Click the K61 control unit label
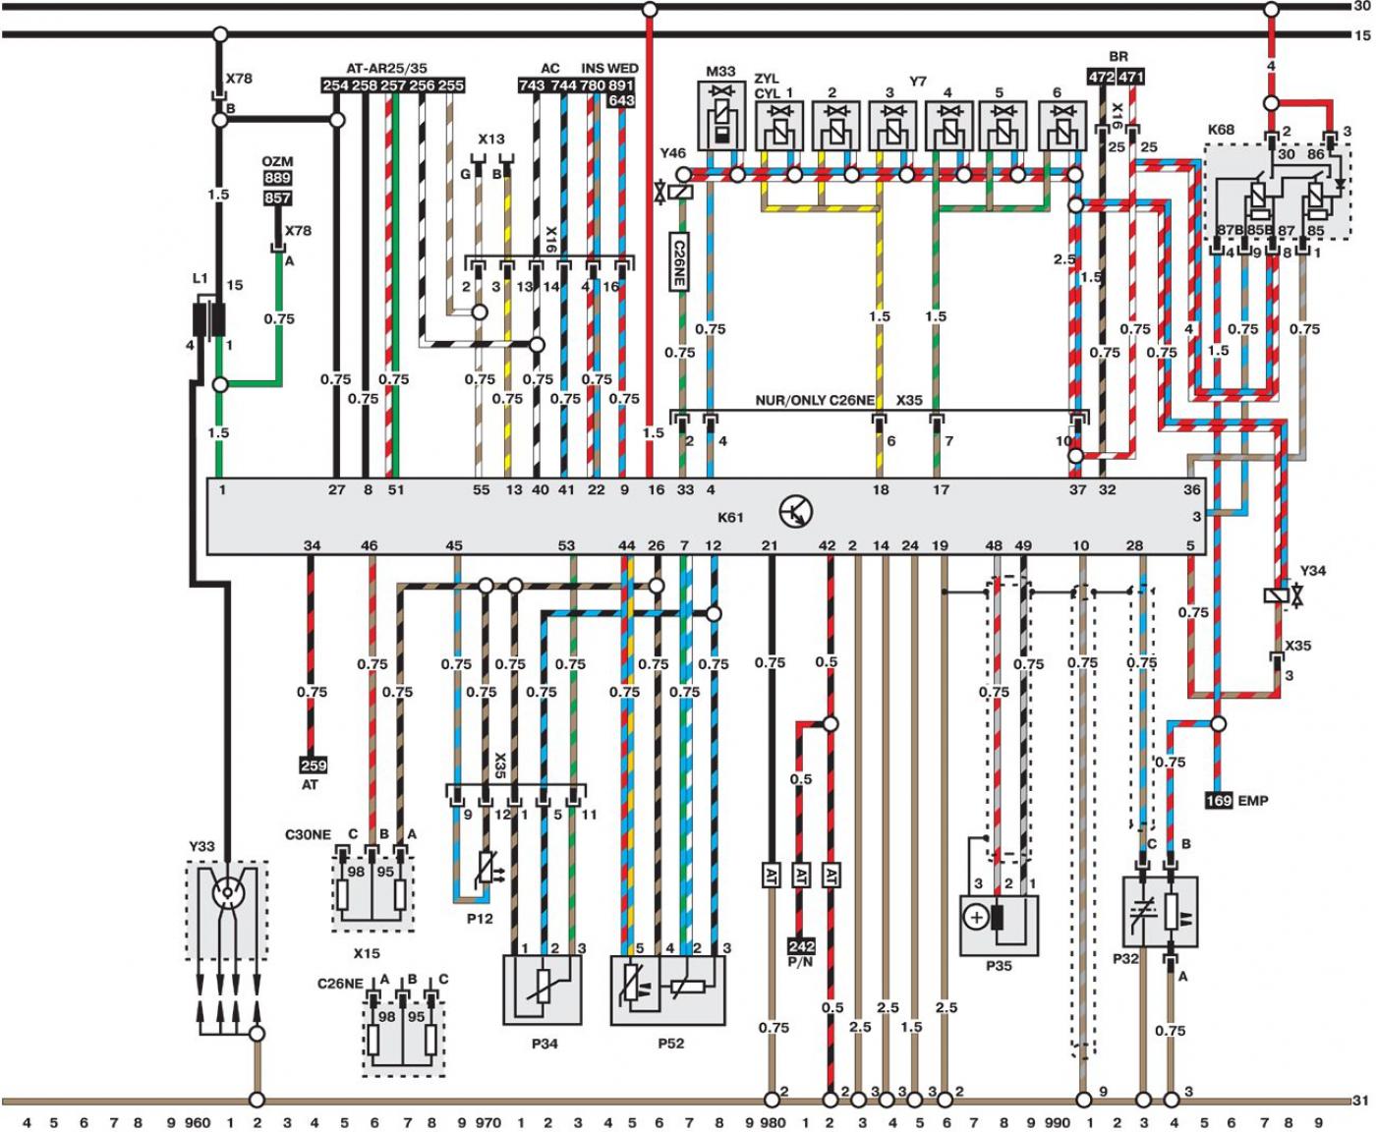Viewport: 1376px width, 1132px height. pyautogui.click(x=730, y=518)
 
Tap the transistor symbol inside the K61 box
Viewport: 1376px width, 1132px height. pyautogui.click(x=796, y=511)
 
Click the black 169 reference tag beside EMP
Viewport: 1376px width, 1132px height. pyautogui.click(x=1219, y=800)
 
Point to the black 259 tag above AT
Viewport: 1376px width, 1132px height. pyautogui.click(x=314, y=765)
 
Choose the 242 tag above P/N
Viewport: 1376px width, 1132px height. pyautogui.click(x=801, y=946)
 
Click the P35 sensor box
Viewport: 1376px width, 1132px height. pyautogui.click(x=999, y=926)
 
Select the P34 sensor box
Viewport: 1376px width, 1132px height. pyautogui.click(x=543, y=990)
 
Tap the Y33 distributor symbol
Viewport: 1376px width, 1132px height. pyautogui.click(x=226, y=910)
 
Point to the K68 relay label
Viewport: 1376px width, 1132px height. pyautogui.click(x=1221, y=130)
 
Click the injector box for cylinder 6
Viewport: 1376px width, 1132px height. pyautogui.click(x=1062, y=125)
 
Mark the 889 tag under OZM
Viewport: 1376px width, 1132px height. pyautogui.click(x=277, y=178)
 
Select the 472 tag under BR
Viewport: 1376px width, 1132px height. pyautogui.click(x=1102, y=77)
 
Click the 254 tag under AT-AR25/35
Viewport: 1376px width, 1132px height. pyautogui.click(x=336, y=85)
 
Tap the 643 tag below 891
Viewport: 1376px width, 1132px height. pyautogui.click(x=620, y=101)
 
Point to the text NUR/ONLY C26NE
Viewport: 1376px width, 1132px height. pyautogui.click(x=814, y=400)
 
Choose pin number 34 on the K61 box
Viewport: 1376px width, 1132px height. pyautogui.click(x=313, y=544)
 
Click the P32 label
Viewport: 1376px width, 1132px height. pyautogui.click(x=1125, y=958)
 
